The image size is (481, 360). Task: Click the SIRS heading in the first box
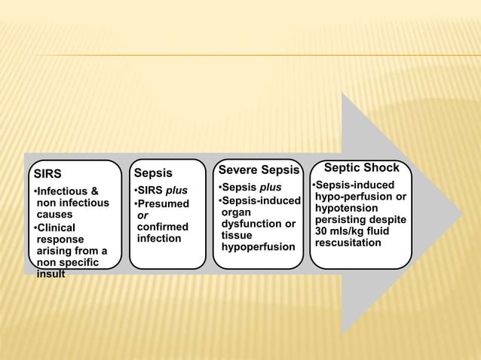[x=50, y=175]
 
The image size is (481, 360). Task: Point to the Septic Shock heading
[x=361, y=168]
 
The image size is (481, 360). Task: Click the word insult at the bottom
[x=51, y=274]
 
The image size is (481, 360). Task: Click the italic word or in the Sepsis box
[x=142, y=215]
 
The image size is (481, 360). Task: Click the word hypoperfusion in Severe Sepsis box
[x=258, y=246]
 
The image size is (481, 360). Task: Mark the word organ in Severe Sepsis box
[x=237, y=212]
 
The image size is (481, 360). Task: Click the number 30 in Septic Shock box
[x=322, y=231]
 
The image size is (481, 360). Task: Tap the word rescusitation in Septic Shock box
[x=348, y=243]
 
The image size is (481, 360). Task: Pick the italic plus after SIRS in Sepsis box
[x=176, y=189]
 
